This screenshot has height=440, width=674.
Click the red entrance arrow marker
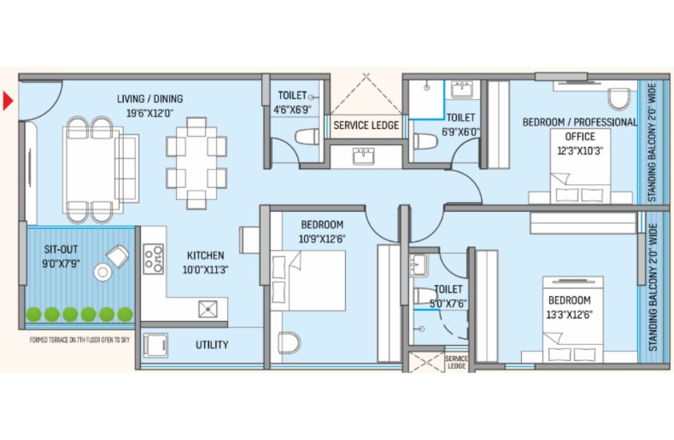point(8,101)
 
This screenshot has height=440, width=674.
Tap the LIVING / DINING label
point(150,99)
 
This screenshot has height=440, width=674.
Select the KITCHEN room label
point(206,256)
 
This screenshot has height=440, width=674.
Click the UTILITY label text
point(212,345)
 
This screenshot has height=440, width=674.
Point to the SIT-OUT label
point(61,250)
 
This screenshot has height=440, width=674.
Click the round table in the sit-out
point(103,272)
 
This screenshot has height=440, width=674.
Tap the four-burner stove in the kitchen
point(154,258)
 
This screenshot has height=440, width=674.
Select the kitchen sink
point(208,309)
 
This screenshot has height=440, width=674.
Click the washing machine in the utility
point(155,346)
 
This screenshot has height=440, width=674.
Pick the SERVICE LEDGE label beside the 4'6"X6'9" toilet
point(366,125)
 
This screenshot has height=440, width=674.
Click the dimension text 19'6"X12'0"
point(149,113)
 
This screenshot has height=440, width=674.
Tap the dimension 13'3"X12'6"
point(569,315)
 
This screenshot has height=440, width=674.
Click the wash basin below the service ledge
point(363,157)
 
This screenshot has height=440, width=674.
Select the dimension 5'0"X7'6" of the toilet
point(449,304)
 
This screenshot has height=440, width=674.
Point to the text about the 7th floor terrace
point(80,340)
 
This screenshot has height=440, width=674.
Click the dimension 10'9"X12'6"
point(322,239)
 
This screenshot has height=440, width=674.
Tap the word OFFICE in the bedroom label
point(580,137)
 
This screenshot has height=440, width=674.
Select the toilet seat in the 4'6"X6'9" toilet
point(307,137)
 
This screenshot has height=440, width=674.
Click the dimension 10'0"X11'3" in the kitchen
point(206,270)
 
